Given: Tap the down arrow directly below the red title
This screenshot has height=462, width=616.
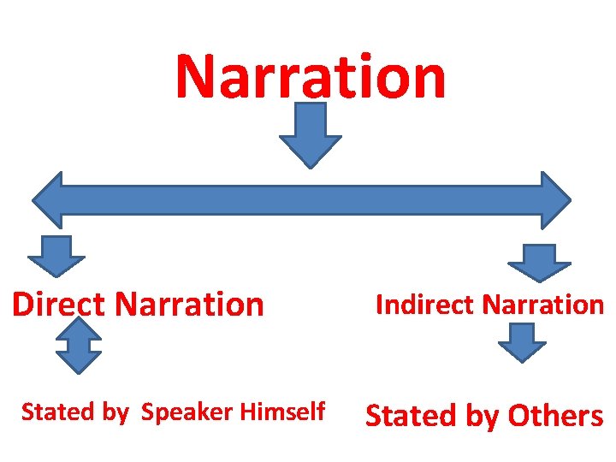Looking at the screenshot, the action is [x=311, y=137].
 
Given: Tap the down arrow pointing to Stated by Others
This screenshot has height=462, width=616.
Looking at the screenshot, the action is [x=522, y=342].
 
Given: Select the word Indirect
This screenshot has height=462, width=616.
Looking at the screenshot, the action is [x=425, y=305].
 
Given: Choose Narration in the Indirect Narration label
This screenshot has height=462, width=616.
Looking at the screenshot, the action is [x=542, y=305].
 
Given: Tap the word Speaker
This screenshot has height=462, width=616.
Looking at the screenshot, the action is [x=187, y=412].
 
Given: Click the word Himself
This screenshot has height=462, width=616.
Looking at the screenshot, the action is [x=282, y=412].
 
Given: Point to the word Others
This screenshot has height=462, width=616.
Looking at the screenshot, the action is [x=555, y=416].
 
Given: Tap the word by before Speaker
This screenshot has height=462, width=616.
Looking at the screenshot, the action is [x=115, y=412].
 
